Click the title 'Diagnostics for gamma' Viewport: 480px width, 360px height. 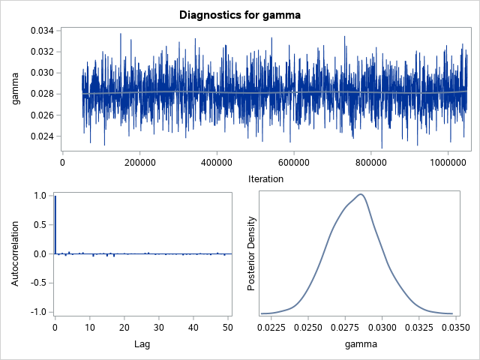coord(239,13)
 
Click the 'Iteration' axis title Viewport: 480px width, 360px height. coord(265,179)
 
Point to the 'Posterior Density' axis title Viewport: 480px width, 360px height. coord(253,253)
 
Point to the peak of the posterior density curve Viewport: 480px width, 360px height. coord(361,194)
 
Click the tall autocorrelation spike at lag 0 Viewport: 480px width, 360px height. coord(55,225)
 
